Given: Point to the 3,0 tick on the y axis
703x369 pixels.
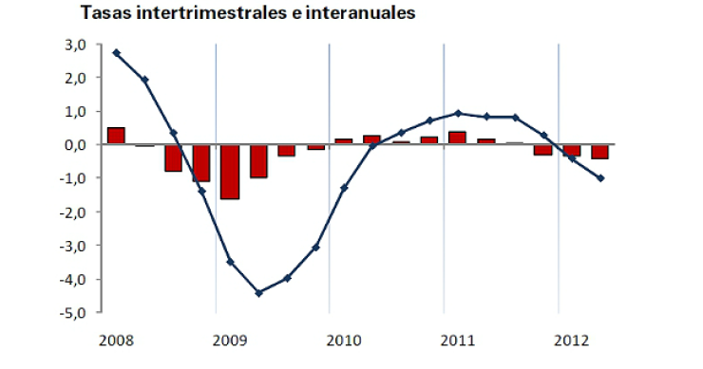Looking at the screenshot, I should pos(75,45).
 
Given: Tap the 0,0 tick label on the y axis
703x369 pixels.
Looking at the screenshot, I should pos(75,145).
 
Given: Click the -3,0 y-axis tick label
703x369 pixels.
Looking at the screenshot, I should pos(73,246).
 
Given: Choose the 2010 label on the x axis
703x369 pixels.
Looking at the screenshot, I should pos(343,338).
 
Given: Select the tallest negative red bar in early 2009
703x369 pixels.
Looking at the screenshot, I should pos(230,173).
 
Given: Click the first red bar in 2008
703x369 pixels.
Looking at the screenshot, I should pos(116,136).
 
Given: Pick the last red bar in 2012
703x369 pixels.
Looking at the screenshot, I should pos(600,152).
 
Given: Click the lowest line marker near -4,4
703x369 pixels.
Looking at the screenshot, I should pos(258,293).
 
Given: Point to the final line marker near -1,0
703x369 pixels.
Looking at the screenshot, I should pos(600,178).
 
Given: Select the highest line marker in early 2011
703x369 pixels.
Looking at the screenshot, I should pos(458,113).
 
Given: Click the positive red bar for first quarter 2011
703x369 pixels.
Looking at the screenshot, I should pos(457,138).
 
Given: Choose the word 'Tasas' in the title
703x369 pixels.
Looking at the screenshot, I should pos(104,13).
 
